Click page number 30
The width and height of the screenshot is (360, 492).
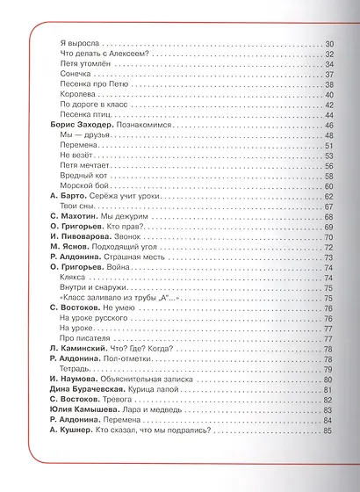tap(329, 43)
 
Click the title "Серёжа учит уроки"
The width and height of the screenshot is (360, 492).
tap(120, 199)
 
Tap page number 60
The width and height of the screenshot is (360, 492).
tap(329, 186)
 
